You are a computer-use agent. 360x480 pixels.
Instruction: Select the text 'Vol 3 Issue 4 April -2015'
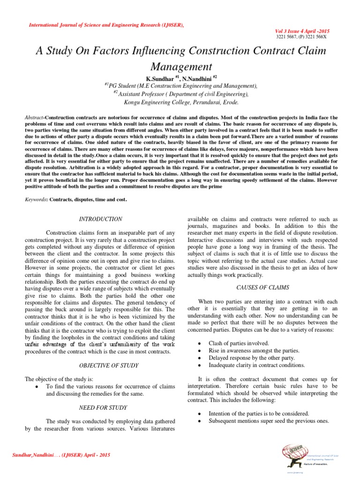point(304,29)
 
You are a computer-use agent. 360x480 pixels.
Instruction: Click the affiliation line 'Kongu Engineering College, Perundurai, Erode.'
point(180,102)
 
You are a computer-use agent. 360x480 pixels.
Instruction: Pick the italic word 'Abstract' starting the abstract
point(33,116)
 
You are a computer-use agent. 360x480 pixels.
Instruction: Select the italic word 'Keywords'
point(35,200)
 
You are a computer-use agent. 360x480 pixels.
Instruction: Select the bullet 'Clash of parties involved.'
point(239,343)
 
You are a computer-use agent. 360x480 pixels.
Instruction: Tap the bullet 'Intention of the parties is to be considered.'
point(259,413)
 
